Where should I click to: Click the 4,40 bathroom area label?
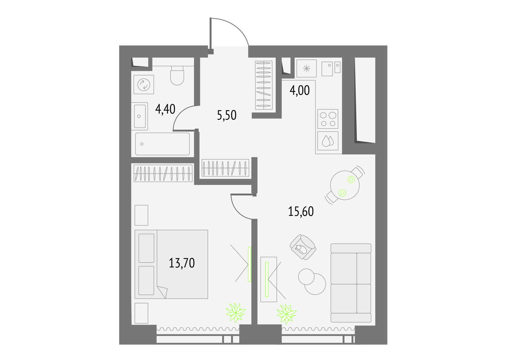[165, 109]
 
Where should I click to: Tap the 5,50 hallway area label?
[227, 115]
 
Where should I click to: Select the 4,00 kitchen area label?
[299, 90]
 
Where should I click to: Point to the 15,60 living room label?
[301, 211]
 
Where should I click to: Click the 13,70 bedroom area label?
[182, 263]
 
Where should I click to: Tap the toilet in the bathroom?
[177, 75]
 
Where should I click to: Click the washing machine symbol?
[143, 85]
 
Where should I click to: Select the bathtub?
[163, 144]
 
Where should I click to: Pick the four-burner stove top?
[328, 119]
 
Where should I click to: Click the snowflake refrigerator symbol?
[307, 68]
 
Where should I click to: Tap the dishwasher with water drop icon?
[328, 141]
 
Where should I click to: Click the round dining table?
[345, 185]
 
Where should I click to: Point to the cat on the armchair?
[301, 249]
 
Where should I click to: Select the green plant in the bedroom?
[236, 313]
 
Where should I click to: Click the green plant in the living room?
[286, 314]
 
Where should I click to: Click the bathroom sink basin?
[140, 116]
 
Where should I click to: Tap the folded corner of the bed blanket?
[163, 292]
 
